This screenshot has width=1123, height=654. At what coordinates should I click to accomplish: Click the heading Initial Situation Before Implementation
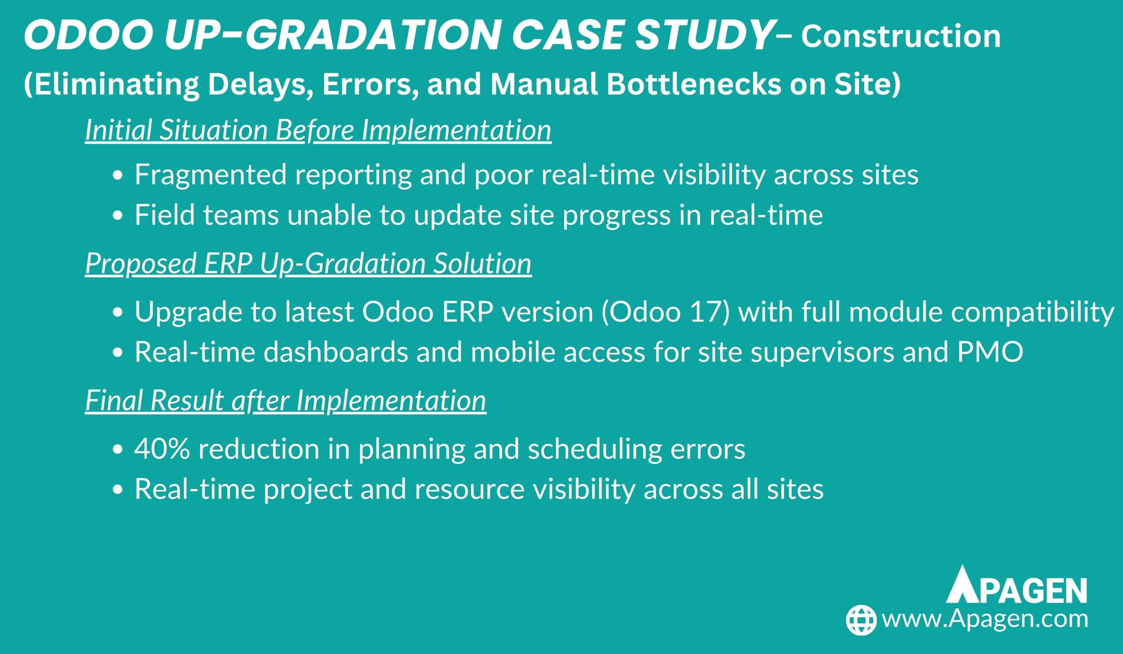(318, 131)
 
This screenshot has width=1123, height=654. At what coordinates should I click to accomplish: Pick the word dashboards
(336, 352)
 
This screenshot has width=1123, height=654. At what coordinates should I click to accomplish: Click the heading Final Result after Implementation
(286, 400)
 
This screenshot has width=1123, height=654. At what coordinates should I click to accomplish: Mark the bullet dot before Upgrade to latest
(117, 313)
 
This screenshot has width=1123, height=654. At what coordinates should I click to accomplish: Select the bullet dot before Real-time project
(117, 490)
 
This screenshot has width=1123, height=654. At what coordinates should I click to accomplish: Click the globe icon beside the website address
(862, 620)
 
